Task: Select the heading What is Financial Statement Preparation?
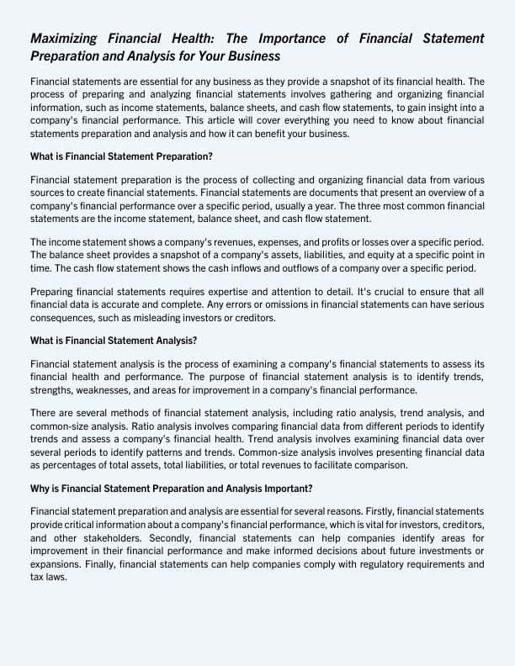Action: (x=121, y=156)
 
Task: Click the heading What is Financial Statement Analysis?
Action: (x=114, y=341)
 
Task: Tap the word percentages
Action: (x=66, y=464)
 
